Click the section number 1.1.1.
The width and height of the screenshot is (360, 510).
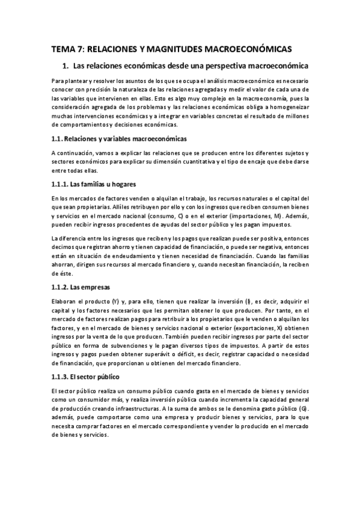coord(60,183)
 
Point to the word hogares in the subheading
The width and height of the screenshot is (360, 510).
coord(126,183)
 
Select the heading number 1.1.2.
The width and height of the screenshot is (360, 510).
coord(60,287)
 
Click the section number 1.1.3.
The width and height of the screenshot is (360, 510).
coord(60,376)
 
